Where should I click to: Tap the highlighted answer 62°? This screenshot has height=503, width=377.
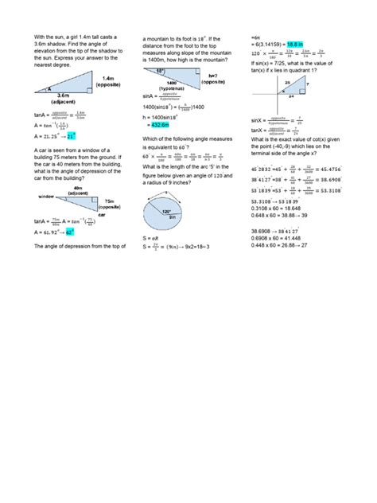[69, 232]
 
